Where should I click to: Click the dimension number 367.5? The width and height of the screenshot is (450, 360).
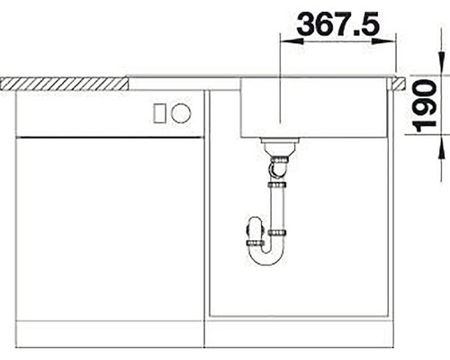337,24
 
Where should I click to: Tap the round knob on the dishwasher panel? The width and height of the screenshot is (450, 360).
181,113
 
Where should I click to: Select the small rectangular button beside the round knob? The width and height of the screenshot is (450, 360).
161,113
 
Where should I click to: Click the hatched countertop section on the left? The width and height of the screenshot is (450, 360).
63,82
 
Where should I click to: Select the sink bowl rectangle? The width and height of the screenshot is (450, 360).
315,108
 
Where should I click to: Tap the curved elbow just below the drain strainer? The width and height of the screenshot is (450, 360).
279,166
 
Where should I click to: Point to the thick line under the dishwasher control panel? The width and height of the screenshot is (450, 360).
108,137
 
